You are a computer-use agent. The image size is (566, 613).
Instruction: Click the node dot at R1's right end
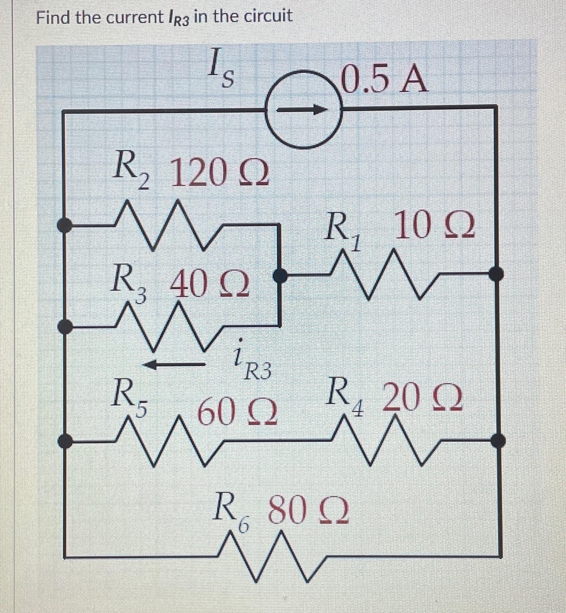pyautogui.click(x=496, y=274)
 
